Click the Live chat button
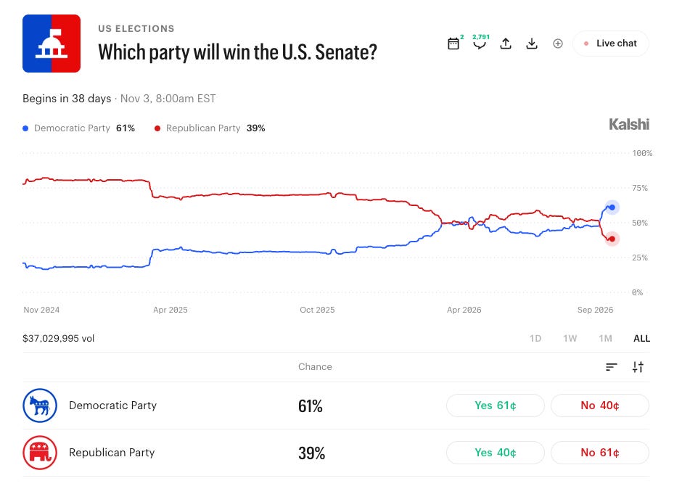[610, 44]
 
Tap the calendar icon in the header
[453, 44]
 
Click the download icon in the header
[532, 44]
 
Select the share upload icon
[506, 44]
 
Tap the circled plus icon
[557, 44]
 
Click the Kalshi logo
[629, 125]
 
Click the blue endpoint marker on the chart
[612, 207]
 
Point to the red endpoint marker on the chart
[612, 239]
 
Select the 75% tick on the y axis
[639, 188]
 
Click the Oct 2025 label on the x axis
[317, 310]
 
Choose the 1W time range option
[570, 338]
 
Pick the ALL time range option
[641, 338]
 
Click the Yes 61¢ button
[495, 406]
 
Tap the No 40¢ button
[600, 406]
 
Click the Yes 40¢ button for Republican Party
[495, 452]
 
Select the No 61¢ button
[600, 452]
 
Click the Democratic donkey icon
[40, 406]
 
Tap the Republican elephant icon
[40, 452]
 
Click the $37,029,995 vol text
[59, 338]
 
